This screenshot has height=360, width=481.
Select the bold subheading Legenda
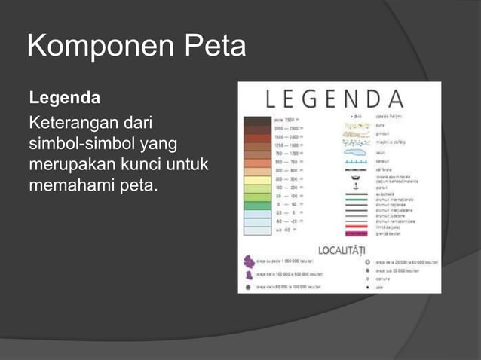(64, 99)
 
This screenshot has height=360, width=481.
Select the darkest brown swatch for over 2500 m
(257, 120)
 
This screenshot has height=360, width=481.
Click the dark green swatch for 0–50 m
(257, 205)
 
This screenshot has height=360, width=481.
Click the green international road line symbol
(356, 200)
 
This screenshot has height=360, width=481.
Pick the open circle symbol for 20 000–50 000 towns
(367, 261)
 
